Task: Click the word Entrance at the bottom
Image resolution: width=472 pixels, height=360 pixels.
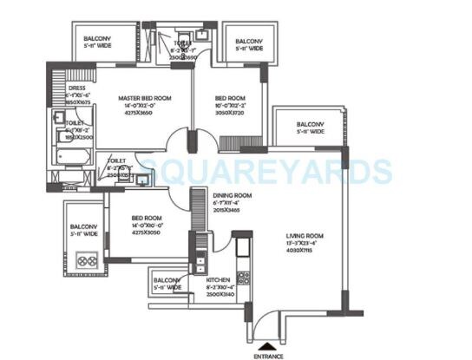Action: [268, 356]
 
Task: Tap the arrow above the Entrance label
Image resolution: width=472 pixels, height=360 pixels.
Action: [268, 344]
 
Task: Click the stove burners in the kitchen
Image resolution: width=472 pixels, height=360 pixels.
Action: [244, 279]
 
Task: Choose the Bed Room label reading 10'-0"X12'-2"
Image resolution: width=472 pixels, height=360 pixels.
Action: [230, 100]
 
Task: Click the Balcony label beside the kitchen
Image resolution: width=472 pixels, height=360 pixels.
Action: [167, 281]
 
